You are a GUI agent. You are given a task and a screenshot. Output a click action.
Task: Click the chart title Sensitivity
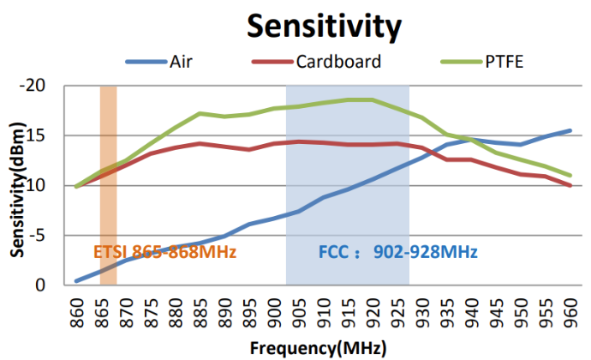324,27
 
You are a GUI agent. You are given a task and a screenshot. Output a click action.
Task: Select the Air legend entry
180,62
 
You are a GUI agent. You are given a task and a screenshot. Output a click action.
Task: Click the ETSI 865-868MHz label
164,252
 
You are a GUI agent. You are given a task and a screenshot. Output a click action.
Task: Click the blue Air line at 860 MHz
76,280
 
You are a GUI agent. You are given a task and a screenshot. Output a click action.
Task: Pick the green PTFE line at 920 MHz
372,99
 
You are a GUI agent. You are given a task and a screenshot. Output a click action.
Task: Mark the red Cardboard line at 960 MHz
570,185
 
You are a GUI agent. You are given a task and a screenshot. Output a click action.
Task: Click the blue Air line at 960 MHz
570,130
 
